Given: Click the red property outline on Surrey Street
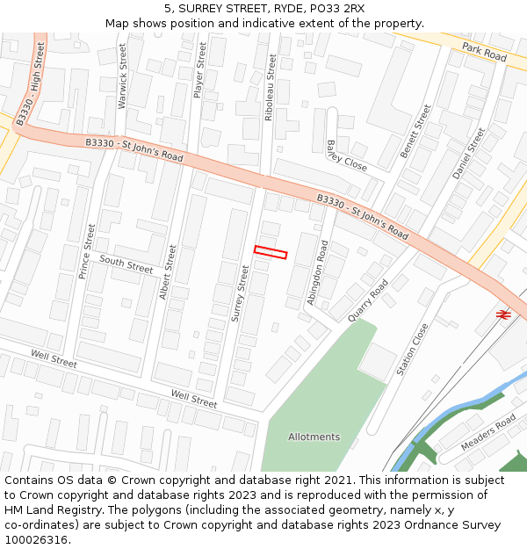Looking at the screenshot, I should tap(271, 252).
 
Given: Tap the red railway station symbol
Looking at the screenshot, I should tap(503, 314).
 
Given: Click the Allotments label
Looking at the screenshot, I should tap(314, 437).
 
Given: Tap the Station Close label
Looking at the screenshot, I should tap(412, 350).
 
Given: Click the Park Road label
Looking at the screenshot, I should tap(485, 53).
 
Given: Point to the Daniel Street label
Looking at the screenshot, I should tap(468, 154).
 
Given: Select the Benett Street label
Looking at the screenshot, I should tap(415, 132).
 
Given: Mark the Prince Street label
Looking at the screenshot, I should tap(86, 251).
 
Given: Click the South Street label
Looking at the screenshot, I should tap(126, 262).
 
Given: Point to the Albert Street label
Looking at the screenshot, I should tap(167, 272).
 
